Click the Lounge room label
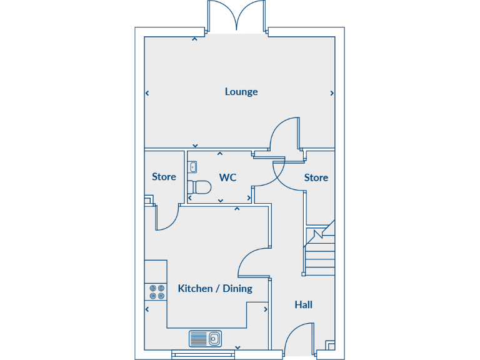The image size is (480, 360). click(x=241, y=92)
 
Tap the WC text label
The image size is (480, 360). click(x=227, y=177)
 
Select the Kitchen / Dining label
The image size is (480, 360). click(x=215, y=289)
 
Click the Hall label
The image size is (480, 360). click(x=304, y=305)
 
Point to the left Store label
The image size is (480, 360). click(x=164, y=177)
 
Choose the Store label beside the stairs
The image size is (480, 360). click(x=316, y=177)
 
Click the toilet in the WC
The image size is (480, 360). click(x=199, y=186)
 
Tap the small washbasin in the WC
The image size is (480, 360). click(x=192, y=166)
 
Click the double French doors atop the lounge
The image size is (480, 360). click(x=236, y=16)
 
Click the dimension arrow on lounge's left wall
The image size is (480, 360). click(x=147, y=94)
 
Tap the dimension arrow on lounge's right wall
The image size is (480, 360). click(x=331, y=94)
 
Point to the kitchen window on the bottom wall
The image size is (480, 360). click(x=204, y=354)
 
